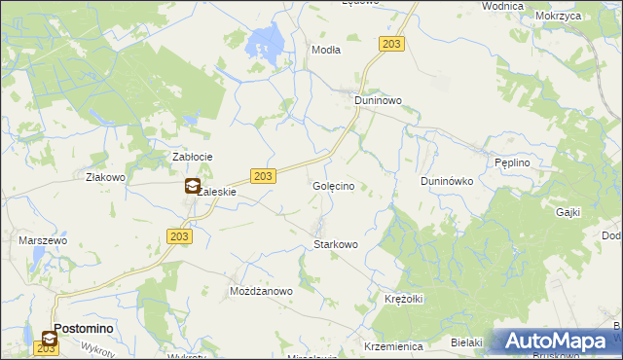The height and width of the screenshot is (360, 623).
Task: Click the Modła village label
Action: coord(325,50)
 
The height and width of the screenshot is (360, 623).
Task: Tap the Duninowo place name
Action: coord(378,100)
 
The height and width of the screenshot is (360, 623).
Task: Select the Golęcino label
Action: coord(340,185)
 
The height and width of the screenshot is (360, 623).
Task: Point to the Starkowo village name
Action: coord(336,244)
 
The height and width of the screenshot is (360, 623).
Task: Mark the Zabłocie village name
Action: coord(193,157)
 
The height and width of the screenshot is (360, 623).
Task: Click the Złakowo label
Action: coord(106,178)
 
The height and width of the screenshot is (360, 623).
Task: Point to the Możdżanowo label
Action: coord(261,291)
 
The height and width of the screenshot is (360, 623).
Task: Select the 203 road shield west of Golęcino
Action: coord(263,175)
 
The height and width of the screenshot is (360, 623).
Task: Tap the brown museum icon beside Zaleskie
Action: coord(193,187)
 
